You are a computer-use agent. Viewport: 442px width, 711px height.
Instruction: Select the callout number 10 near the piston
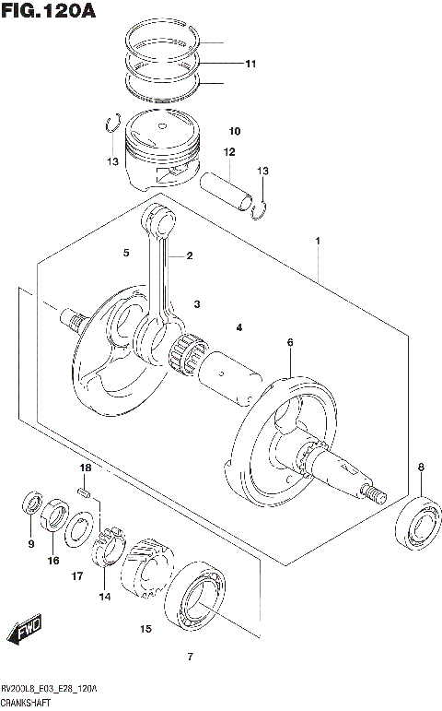click(234, 130)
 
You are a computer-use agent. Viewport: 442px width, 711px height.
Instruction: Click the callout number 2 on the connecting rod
click(189, 255)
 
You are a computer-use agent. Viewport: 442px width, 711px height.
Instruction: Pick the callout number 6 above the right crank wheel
click(289, 343)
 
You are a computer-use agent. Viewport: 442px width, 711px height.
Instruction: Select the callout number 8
click(421, 468)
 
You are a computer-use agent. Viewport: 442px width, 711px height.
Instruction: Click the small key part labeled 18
click(83, 493)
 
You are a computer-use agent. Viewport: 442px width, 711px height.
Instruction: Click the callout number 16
click(53, 560)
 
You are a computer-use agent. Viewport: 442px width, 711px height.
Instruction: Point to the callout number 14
click(104, 597)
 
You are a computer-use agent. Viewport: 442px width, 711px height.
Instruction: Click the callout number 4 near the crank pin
click(238, 327)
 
